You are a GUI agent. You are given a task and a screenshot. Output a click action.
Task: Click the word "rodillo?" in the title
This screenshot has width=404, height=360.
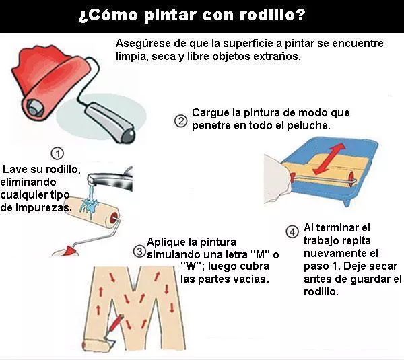pos(273,14)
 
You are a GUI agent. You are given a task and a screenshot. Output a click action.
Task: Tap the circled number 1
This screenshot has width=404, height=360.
pos(57,153)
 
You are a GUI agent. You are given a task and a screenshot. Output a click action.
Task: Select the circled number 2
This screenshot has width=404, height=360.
pos(180,121)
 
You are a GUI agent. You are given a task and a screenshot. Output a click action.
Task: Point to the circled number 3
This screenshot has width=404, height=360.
pos(139,251)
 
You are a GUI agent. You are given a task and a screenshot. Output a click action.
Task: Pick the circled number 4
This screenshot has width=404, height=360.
pos(292,231)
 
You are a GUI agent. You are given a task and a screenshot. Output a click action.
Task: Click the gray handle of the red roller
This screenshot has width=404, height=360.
pos(110,122)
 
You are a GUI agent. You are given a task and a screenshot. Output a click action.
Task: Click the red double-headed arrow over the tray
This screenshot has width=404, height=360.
pos(329,159)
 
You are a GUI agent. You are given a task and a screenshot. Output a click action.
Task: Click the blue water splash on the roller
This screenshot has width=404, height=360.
pos(90,203)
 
